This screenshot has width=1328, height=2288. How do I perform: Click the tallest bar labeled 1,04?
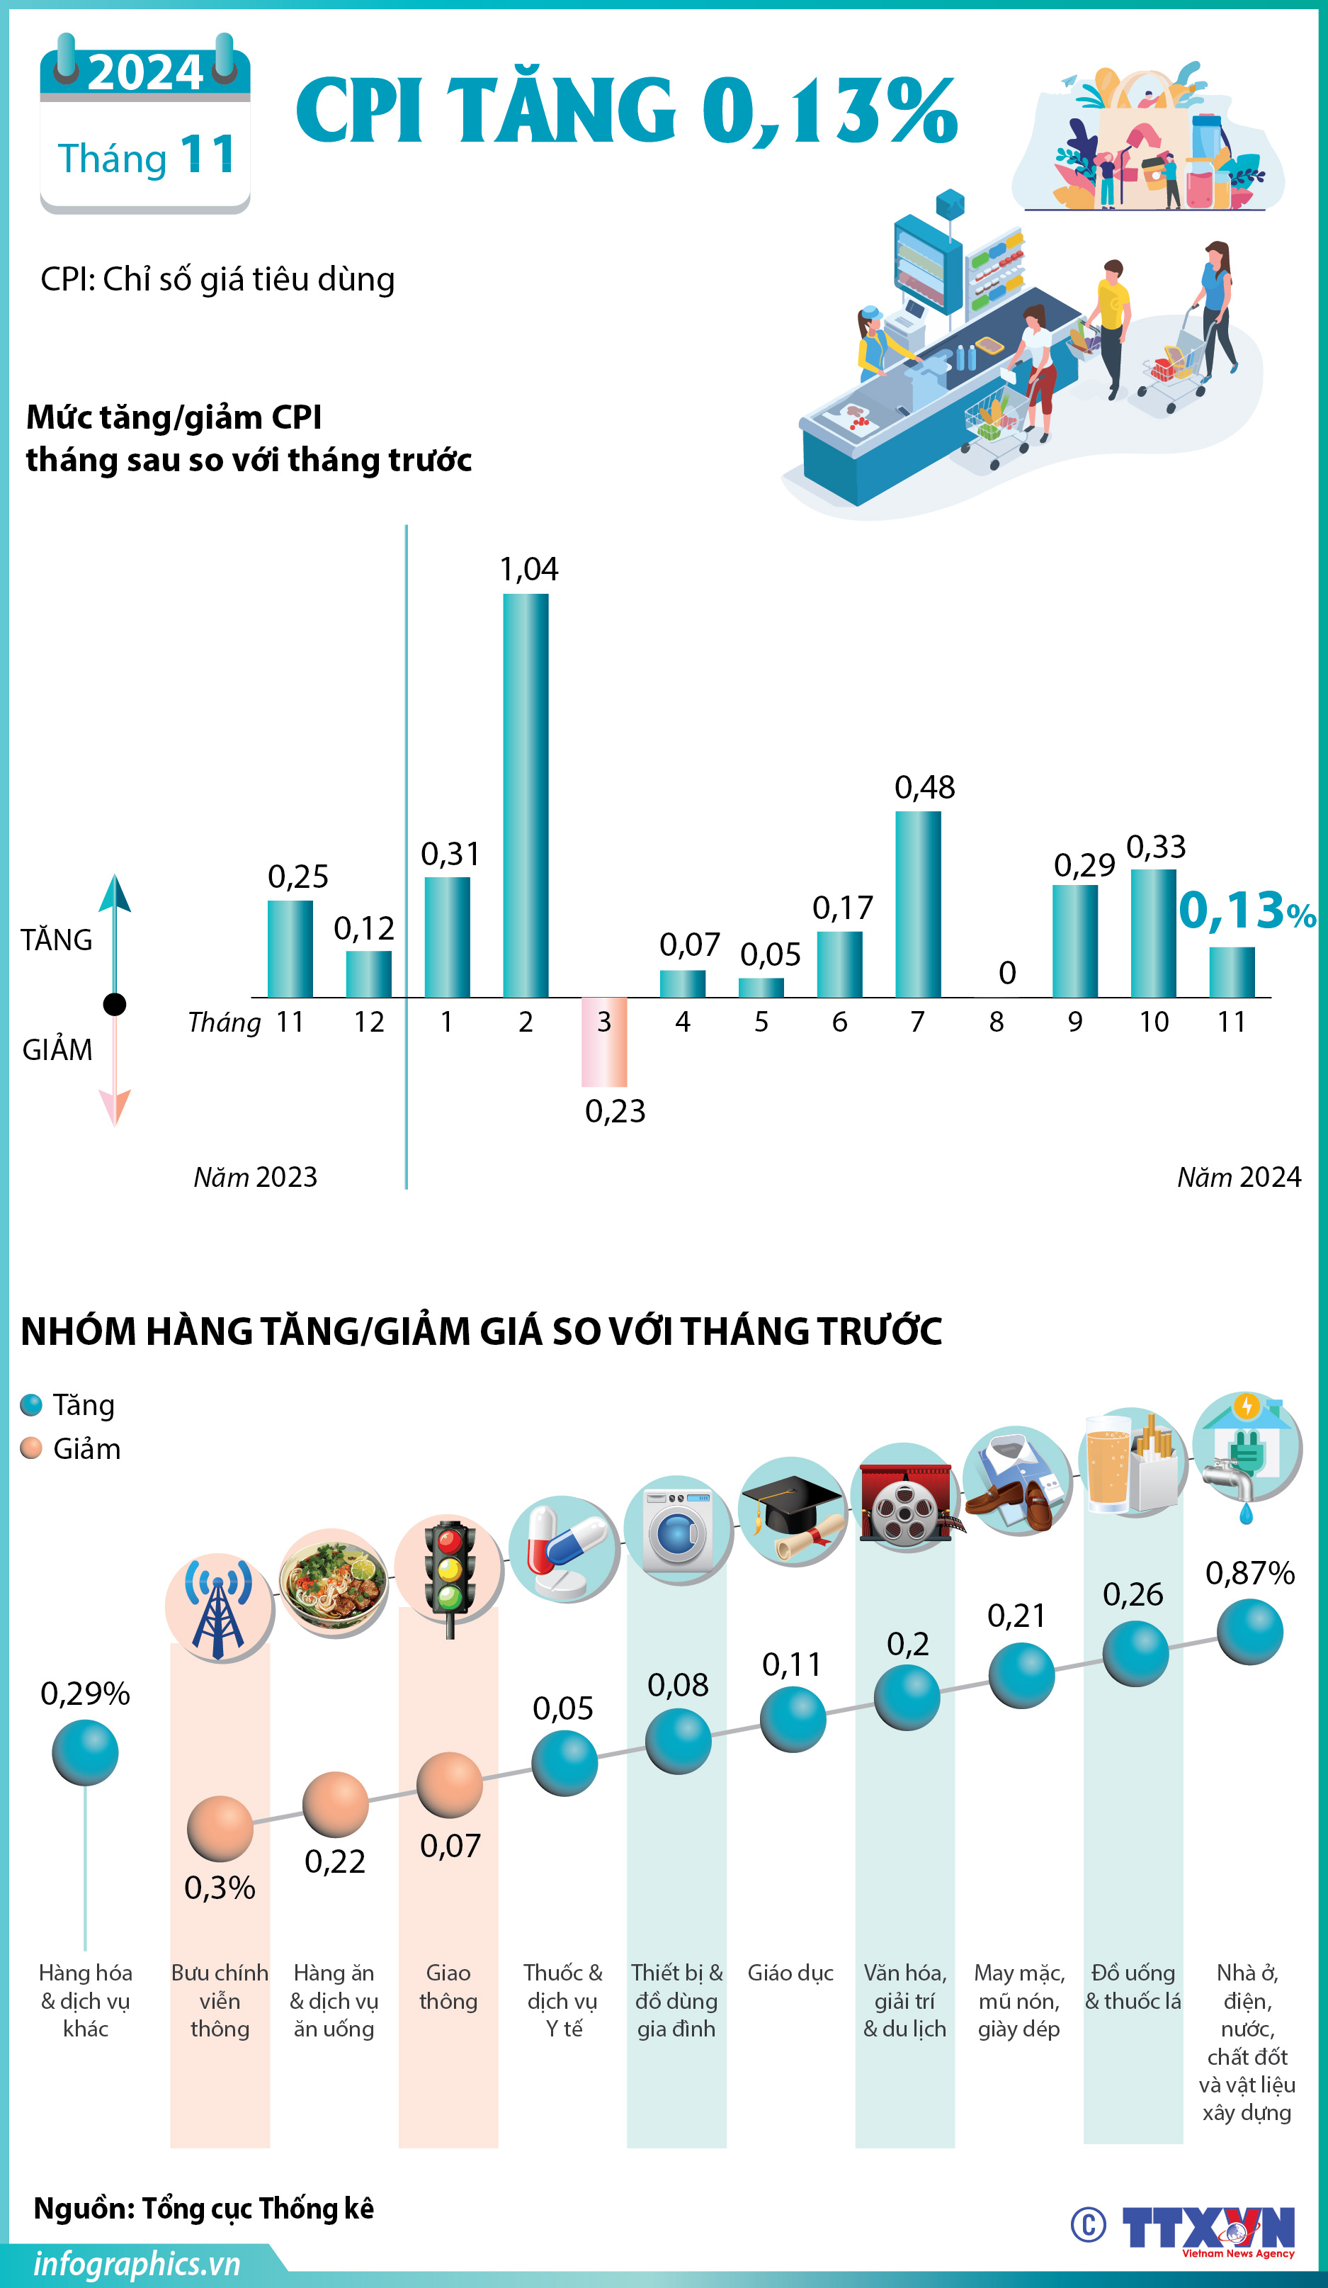[x=526, y=794]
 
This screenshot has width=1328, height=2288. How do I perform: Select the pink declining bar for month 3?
[x=603, y=1042]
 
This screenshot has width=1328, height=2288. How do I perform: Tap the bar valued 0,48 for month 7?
[x=918, y=903]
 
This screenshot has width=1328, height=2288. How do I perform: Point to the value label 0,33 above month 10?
[x=1155, y=847]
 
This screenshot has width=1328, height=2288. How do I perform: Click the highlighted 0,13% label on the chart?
[x=1247, y=911]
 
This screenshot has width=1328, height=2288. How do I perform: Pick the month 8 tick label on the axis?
[x=997, y=1022]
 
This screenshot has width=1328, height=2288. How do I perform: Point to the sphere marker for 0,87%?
[x=1249, y=1632]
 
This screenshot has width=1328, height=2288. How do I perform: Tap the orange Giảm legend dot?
[x=32, y=1448]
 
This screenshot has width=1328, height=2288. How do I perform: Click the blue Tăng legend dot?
[x=32, y=1404]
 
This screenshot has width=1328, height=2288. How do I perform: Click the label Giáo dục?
[x=790, y=1973]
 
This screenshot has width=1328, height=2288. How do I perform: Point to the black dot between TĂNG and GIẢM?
[x=114, y=1004]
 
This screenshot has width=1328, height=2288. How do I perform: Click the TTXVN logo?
[x=1208, y=2228]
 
